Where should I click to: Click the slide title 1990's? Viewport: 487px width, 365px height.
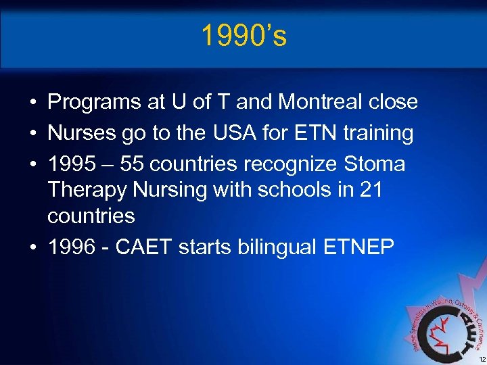pos(243,36)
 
